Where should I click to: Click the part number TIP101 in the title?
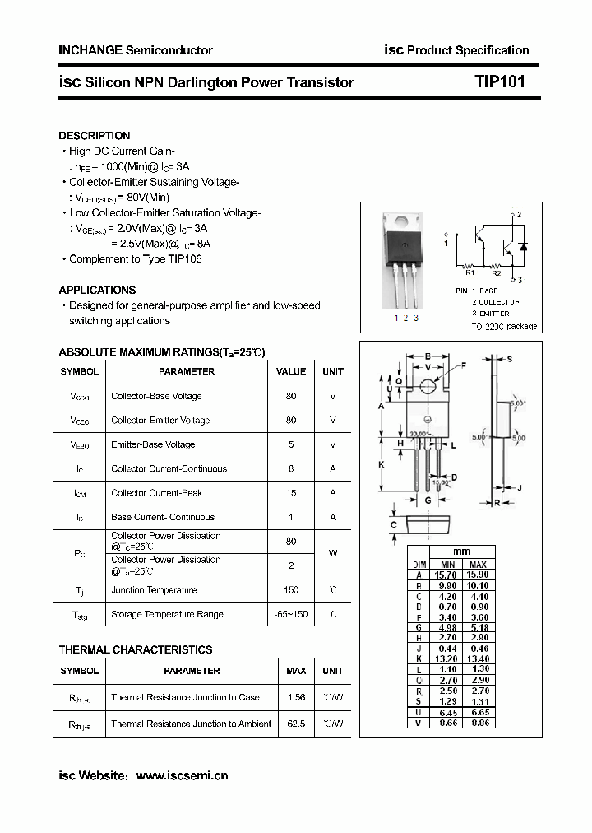pyautogui.click(x=499, y=81)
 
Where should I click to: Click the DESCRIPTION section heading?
pyautogui.click(x=94, y=136)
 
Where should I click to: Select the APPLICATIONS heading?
pyautogui.click(x=97, y=290)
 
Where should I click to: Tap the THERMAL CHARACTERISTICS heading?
pyautogui.click(x=136, y=649)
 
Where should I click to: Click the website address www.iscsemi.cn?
pyautogui.click(x=182, y=775)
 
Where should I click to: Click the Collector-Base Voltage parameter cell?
pyautogui.click(x=156, y=396)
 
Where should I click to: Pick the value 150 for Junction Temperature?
pyautogui.click(x=290, y=590)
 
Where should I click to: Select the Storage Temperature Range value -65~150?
pyautogui.click(x=290, y=614)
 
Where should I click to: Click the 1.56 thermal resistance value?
pyautogui.click(x=296, y=697)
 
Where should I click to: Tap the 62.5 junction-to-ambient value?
pyautogui.click(x=296, y=724)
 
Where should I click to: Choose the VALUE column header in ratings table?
pyautogui.click(x=290, y=371)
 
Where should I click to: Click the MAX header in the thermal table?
pyautogui.click(x=296, y=671)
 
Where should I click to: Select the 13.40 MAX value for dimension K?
pyautogui.click(x=479, y=659)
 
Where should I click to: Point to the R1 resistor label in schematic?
pyautogui.click(x=469, y=273)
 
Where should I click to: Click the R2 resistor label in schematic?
pyautogui.click(x=496, y=273)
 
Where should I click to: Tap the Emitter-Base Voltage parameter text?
pyautogui.click(x=153, y=444)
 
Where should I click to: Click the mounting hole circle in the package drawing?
pyautogui.click(x=428, y=387)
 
